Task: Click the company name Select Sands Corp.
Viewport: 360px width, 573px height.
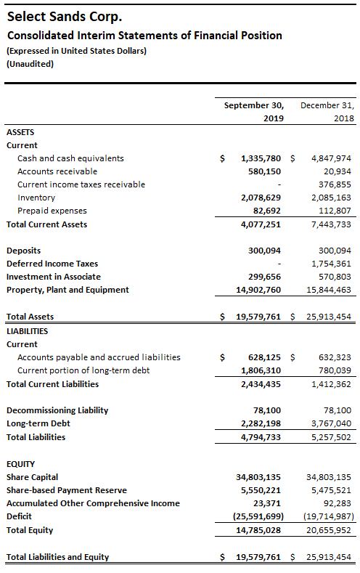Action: (x=65, y=17)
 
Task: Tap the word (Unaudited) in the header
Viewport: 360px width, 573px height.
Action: (x=30, y=65)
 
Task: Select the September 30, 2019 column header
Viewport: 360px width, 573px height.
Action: (x=254, y=112)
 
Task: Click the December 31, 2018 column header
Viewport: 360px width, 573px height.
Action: (x=327, y=112)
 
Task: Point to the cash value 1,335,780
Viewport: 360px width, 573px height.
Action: (x=261, y=158)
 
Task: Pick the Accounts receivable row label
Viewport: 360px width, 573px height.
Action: (x=57, y=171)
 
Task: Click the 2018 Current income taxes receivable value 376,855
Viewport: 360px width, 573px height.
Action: (x=335, y=184)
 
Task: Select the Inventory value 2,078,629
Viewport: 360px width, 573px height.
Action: (x=261, y=198)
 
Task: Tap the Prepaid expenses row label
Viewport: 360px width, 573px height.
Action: (x=52, y=211)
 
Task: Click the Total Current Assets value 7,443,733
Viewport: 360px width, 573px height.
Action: (x=331, y=224)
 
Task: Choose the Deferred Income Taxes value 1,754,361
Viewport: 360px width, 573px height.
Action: (x=331, y=264)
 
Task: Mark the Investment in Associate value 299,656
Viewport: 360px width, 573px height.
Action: (x=264, y=277)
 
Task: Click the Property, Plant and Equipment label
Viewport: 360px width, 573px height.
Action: (x=67, y=290)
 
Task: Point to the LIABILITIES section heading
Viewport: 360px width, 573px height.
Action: (x=28, y=331)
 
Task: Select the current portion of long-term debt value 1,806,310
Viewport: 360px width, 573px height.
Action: (x=261, y=370)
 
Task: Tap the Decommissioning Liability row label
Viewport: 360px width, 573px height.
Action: (x=57, y=410)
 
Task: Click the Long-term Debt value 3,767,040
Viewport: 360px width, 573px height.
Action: (x=331, y=423)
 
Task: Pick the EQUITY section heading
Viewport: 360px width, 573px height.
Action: (x=21, y=464)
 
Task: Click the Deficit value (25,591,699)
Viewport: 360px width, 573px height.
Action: (x=258, y=516)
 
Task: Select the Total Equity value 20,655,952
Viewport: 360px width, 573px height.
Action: (x=329, y=530)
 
